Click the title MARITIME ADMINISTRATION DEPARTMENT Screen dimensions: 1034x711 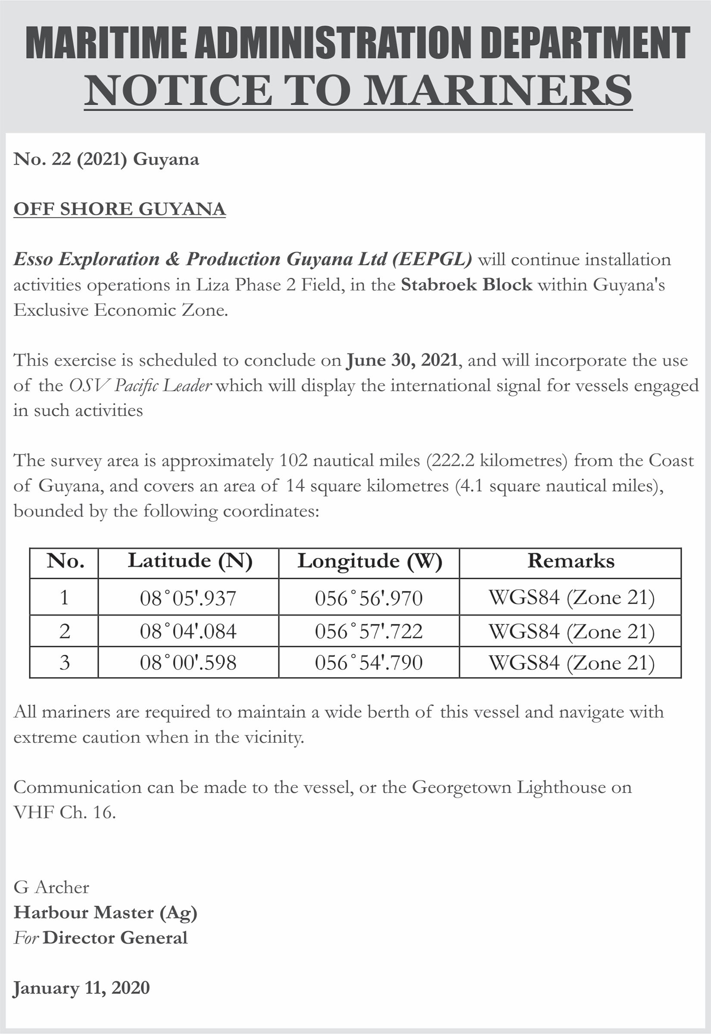358,43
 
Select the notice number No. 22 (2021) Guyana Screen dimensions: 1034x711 106,159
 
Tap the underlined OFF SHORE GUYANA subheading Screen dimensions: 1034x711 119,209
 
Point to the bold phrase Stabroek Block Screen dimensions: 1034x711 466,284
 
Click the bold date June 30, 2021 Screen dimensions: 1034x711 402,360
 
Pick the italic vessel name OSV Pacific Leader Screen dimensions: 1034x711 140,385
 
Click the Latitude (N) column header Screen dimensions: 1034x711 190,561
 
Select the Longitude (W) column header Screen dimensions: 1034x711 369,561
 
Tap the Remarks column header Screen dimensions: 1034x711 570,561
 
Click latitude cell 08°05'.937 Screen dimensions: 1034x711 188,598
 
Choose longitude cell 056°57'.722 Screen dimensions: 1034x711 368,631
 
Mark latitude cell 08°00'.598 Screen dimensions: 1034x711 188,663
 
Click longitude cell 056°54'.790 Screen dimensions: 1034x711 368,663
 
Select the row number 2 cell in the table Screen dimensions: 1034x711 65,631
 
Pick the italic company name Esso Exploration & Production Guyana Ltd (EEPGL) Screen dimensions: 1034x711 243,259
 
